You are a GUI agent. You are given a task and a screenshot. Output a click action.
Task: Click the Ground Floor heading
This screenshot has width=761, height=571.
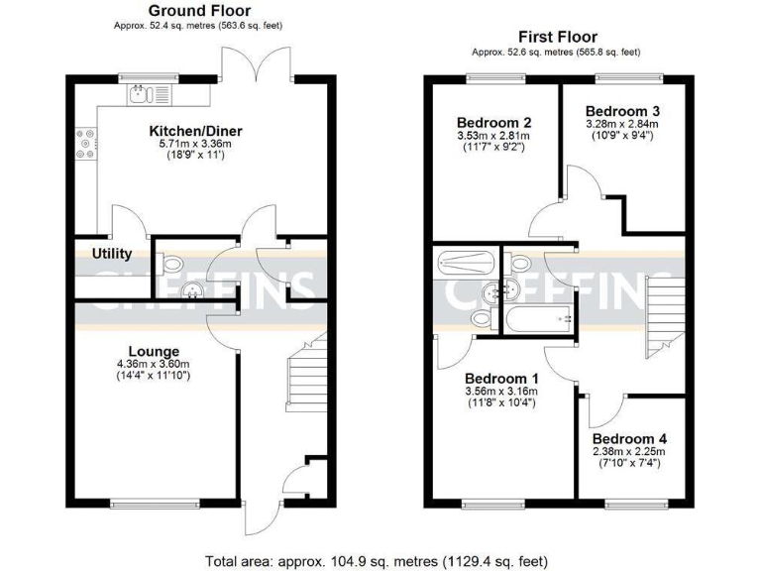(x=198, y=11)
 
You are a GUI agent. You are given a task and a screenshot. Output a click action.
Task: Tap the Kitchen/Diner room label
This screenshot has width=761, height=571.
(x=195, y=131)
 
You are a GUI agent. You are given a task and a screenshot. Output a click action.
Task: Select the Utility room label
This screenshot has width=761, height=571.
(x=112, y=254)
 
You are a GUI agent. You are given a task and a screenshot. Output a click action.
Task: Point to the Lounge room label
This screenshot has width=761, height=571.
(x=154, y=351)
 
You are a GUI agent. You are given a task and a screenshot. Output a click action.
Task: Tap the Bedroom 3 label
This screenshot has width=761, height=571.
(x=621, y=110)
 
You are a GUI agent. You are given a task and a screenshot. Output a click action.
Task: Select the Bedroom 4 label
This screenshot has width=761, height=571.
(x=630, y=438)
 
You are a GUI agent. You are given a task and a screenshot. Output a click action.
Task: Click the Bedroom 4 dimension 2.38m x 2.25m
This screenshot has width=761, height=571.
(x=630, y=451)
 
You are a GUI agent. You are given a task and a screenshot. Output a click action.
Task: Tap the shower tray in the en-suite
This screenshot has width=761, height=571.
(x=465, y=264)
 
